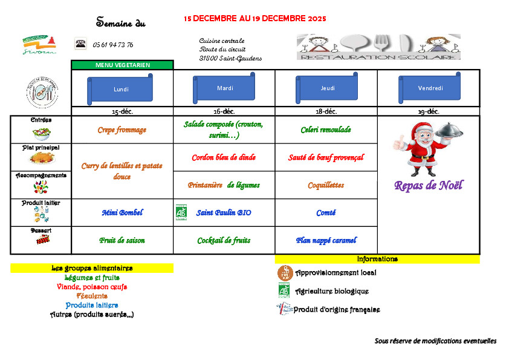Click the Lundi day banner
(121, 89)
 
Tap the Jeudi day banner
(327, 88)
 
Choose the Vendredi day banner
(430, 88)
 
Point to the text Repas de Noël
(428, 185)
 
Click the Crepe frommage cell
(122, 129)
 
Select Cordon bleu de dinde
(224, 157)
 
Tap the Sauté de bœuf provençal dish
(326, 157)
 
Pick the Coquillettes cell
(326, 185)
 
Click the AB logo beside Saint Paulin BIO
(181, 212)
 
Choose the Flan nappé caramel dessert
(326, 240)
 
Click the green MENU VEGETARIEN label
(123, 65)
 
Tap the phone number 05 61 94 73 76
(113, 45)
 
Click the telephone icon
(80, 44)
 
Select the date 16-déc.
(224, 111)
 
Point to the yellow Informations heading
(377, 259)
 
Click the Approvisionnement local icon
(285, 272)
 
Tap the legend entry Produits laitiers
(92, 305)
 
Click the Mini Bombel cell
(122, 212)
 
